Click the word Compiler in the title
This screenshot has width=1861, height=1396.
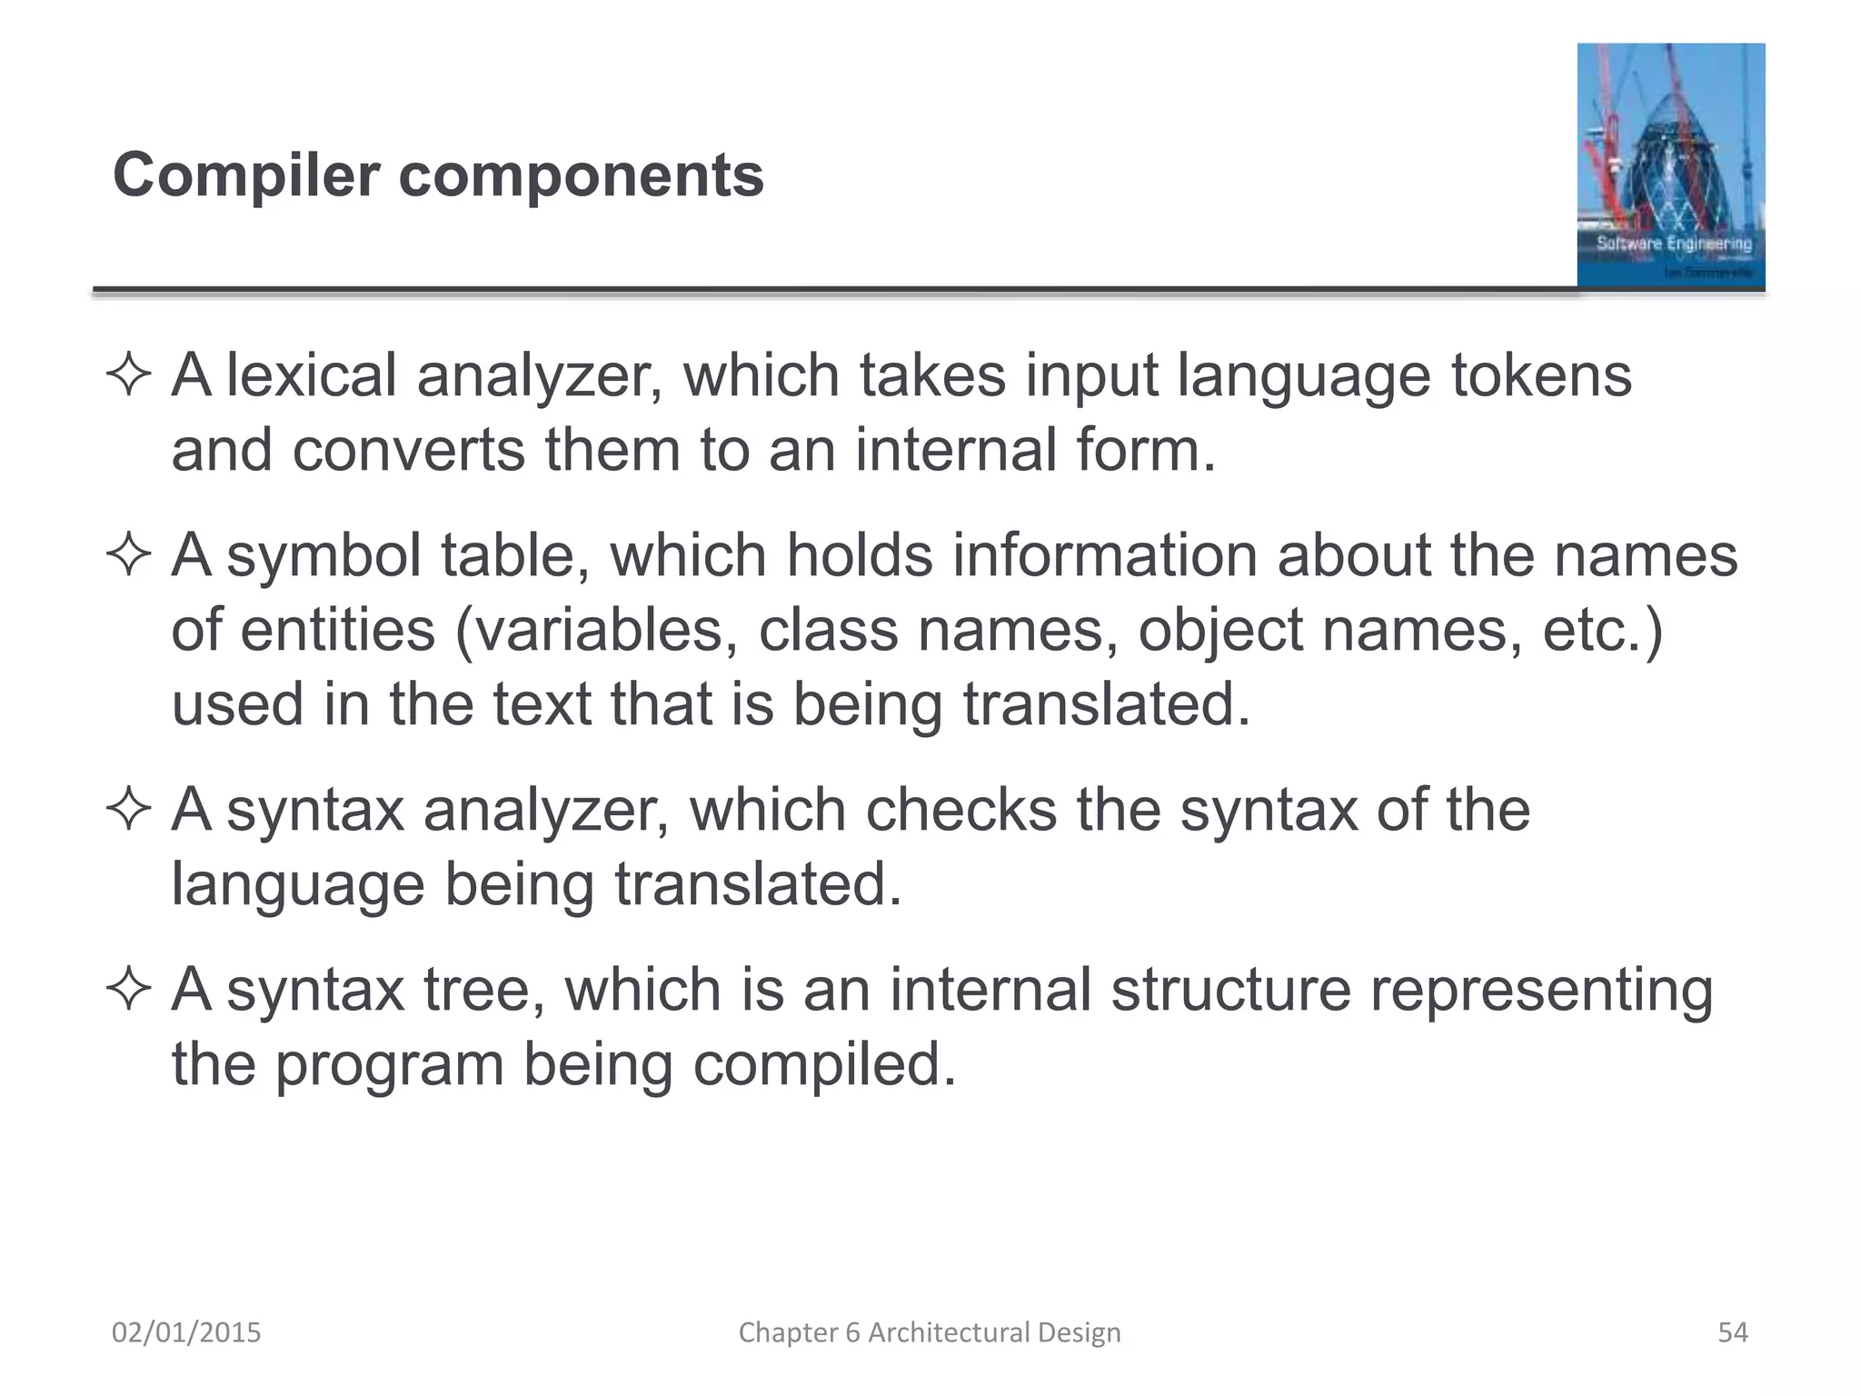click(x=245, y=176)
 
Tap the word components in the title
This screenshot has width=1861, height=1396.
click(x=582, y=176)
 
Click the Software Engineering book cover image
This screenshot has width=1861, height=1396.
click(x=1670, y=165)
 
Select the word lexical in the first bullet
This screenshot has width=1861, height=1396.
click(x=311, y=375)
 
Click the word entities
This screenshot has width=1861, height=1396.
click(x=338, y=631)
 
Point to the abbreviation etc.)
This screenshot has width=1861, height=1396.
click(x=1603, y=631)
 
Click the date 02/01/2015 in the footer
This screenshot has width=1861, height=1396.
click(x=186, y=1332)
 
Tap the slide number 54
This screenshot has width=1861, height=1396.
click(x=1732, y=1332)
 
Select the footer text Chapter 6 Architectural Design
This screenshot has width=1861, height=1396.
click(x=930, y=1332)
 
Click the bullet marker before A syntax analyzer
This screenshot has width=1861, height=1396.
click(x=128, y=810)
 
